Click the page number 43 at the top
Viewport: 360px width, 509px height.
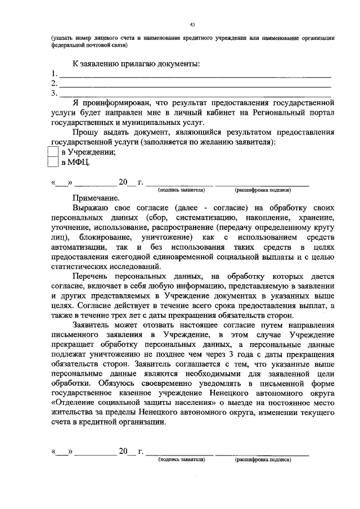point(192,24)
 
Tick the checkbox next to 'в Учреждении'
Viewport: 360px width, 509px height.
point(52,152)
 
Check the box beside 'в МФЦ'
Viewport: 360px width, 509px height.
point(52,163)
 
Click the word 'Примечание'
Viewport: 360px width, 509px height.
point(96,198)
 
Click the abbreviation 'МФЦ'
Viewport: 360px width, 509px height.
point(79,163)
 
